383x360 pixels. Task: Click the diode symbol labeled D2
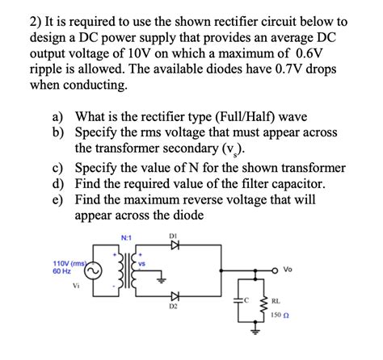[x=175, y=298]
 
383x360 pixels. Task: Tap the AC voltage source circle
[x=95, y=271]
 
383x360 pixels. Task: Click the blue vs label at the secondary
[x=141, y=262]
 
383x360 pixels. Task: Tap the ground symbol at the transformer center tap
[x=162, y=281]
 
